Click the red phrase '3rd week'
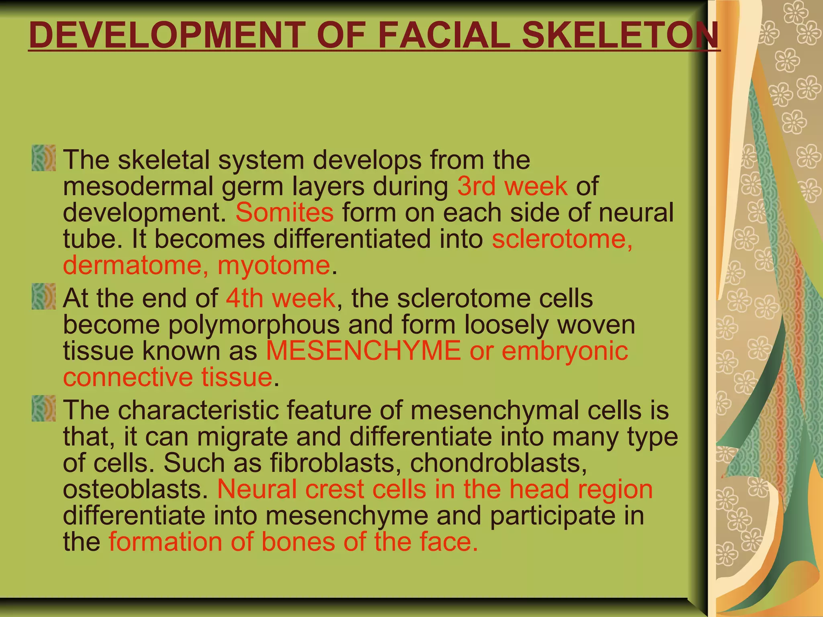[x=512, y=186]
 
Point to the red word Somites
[x=284, y=212]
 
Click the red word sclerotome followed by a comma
[x=562, y=239]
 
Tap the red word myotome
[x=274, y=266]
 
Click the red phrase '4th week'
[x=280, y=298]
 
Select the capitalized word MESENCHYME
[x=363, y=350]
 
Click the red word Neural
[x=257, y=489]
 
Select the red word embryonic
[x=565, y=350]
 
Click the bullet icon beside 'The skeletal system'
[x=43, y=158]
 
